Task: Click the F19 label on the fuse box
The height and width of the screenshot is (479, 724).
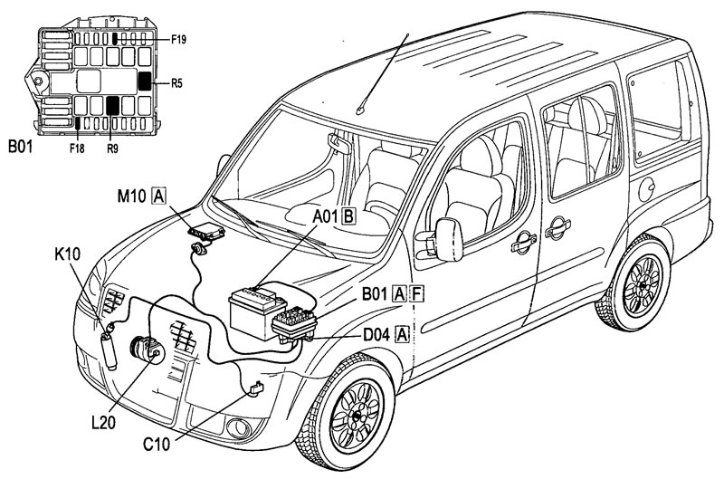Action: click(178, 40)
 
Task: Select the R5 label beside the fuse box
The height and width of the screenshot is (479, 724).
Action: click(176, 83)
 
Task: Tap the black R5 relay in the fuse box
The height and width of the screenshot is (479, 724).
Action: click(145, 81)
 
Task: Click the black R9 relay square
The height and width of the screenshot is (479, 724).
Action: click(112, 106)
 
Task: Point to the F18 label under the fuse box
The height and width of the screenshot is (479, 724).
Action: click(77, 148)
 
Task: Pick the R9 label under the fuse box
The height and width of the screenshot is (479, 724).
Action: click(112, 148)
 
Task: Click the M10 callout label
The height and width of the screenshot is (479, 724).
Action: click(132, 196)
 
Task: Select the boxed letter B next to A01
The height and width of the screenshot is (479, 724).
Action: click(348, 216)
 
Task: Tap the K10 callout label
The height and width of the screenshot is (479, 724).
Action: click(67, 254)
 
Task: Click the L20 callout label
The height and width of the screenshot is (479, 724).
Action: click(103, 423)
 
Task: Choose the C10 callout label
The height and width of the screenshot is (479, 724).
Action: click(157, 445)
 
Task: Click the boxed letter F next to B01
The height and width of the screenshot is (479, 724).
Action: click(417, 293)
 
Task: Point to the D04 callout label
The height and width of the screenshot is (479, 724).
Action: click(377, 333)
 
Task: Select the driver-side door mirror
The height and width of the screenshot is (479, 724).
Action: click(448, 239)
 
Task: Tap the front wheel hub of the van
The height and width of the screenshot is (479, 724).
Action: click(357, 416)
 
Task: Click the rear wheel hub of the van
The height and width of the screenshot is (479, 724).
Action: click(643, 286)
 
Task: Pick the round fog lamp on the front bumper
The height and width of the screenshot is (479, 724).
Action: click(238, 427)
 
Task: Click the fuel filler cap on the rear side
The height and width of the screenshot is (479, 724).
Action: click(646, 189)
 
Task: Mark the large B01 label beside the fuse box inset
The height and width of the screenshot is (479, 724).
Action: click(21, 147)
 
